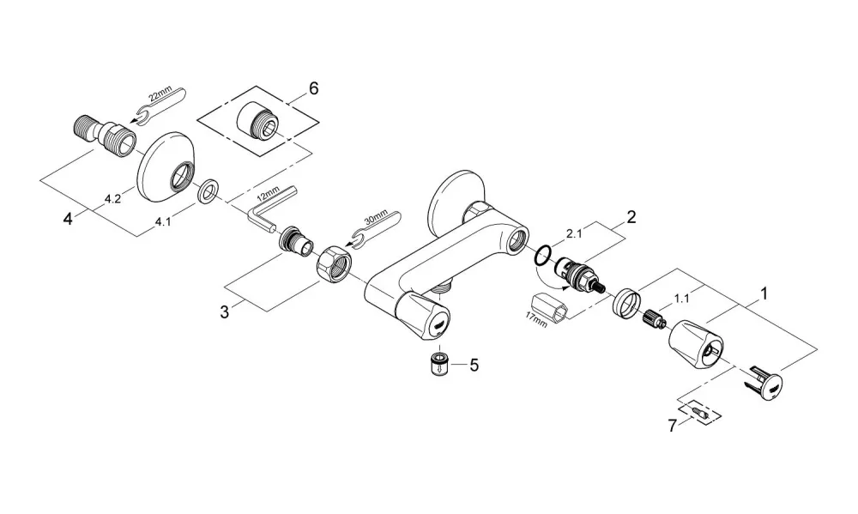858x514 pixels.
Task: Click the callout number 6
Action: (x=313, y=88)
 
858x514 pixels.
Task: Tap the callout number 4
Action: (x=68, y=220)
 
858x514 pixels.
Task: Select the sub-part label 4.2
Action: (x=112, y=199)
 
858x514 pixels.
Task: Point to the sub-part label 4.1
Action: (x=162, y=221)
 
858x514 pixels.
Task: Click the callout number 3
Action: (x=225, y=312)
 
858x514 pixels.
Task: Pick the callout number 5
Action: (x=474, y=365)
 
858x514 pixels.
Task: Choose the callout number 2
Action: (x=631, y=217)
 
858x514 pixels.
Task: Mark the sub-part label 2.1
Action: (x=575, y=233)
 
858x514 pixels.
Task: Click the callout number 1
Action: (x=764, y=294)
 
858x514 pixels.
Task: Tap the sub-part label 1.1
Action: (x=682, y=299)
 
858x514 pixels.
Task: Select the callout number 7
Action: (x=673, y=426)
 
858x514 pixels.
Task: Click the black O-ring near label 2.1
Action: (x=542, y=257)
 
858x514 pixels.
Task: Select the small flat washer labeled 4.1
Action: (x=208, y=190)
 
